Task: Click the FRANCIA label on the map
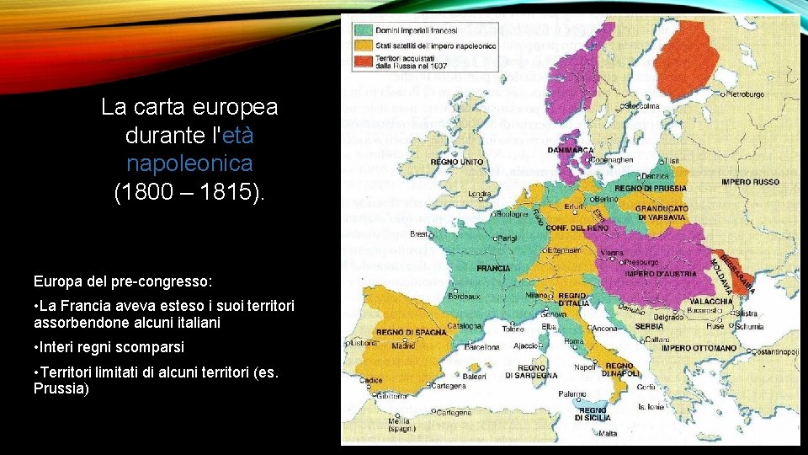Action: [x=493, y=268]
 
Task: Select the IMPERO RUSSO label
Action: [x=750, y=182]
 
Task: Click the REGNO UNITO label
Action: [x=457, y=162]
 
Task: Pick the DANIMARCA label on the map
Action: [x=570, y=150]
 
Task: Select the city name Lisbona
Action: [x=363, y=342]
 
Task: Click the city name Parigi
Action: [x=506, y=238]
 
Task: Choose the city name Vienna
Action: [x=614, y=251]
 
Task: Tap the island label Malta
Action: [x=608, y=433]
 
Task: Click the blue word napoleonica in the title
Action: [x=189, y=162]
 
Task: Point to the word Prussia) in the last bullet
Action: [x=61, y=388]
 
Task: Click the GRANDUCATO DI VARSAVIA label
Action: [x=662, y=212]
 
